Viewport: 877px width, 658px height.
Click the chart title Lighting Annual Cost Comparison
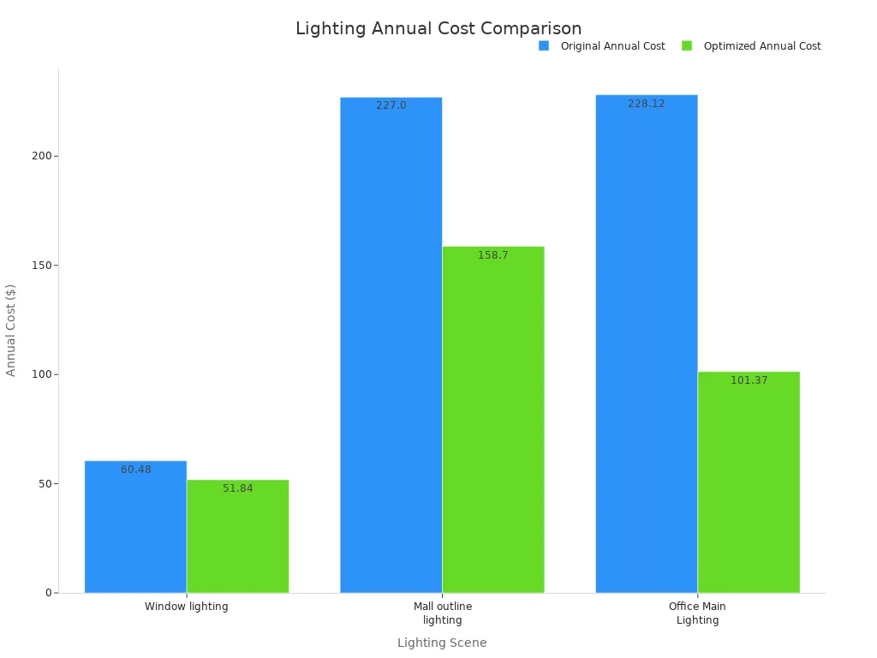[438, 28]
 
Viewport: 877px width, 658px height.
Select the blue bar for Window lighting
[135, 531]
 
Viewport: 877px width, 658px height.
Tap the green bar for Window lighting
[237, 540]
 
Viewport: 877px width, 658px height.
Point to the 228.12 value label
[646, 104]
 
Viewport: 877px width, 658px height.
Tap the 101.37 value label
[749, 380]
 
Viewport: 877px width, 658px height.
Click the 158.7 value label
[492, 255]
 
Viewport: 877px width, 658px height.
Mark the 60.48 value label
[135, 470]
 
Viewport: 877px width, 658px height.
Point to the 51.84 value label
[237, 488]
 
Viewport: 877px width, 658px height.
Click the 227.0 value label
[391, 105]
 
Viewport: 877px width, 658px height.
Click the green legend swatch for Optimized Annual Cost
[687, 46]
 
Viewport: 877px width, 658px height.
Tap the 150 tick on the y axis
[43, 266]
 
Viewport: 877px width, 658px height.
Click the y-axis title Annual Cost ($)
[11, 330]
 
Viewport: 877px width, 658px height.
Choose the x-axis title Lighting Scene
[442, 643]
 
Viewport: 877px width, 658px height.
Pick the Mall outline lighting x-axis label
[442, 613]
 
